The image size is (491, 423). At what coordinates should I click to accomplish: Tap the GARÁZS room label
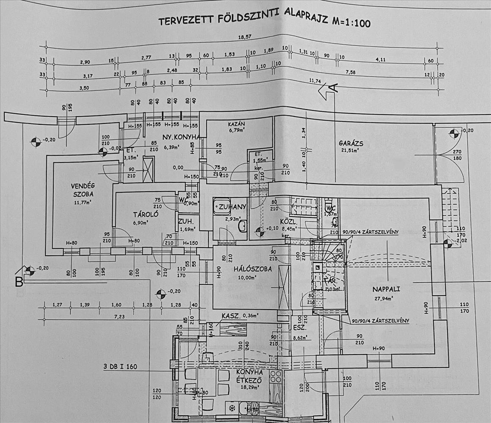coord(351,143)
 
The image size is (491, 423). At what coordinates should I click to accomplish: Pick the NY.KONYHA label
coord(178,137)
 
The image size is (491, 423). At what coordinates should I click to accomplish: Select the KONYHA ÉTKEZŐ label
coord(250,376)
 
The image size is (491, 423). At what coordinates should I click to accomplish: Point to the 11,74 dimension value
coord(313,81)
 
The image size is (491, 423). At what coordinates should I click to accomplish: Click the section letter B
coord(19,283)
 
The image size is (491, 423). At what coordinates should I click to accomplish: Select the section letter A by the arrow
coord(333,88)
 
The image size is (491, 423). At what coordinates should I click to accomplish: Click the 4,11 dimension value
coord(381,60)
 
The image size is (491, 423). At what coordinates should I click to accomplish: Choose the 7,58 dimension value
coord(351,72)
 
